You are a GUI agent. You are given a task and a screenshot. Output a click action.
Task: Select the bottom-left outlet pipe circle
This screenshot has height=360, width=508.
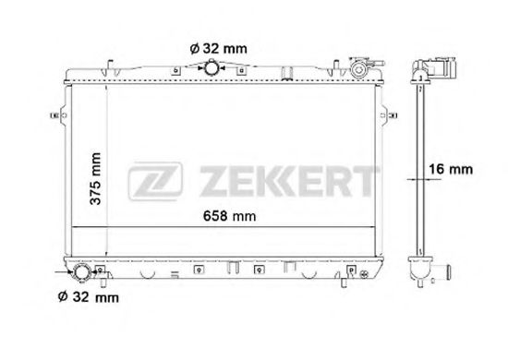80,273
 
